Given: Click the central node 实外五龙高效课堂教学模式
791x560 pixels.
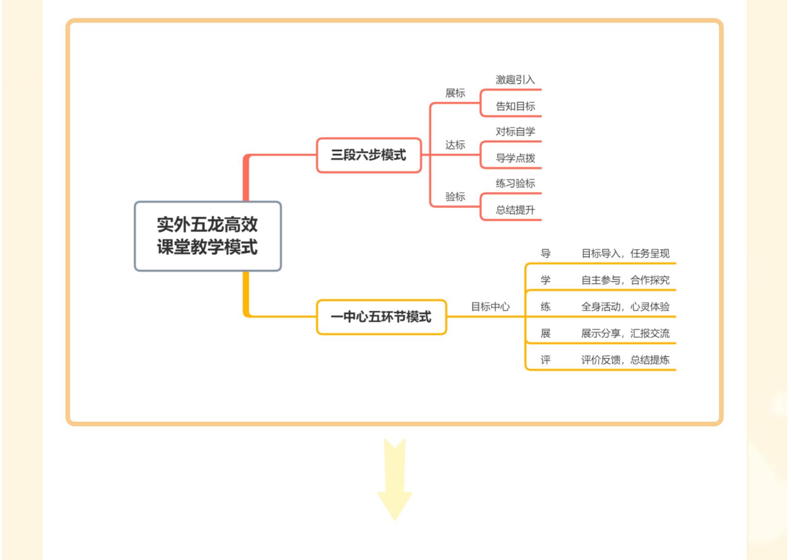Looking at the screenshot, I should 207,236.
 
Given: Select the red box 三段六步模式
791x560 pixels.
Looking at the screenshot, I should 369,155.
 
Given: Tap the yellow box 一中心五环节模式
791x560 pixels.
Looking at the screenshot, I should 381,317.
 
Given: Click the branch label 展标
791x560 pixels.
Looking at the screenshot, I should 455,93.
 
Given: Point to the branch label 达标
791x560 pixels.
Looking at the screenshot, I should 455,145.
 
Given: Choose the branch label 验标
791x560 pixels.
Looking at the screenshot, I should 455,197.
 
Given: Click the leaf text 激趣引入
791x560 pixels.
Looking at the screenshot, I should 515,80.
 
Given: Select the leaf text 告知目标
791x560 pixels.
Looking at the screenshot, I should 515,106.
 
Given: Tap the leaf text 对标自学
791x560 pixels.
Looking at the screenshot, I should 515,132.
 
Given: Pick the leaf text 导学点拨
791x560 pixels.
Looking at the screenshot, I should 515,158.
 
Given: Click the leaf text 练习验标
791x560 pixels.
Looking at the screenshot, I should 515,183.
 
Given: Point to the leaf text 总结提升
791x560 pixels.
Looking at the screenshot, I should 515,210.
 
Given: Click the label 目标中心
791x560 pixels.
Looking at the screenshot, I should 490,307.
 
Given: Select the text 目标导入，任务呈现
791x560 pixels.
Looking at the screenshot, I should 625,253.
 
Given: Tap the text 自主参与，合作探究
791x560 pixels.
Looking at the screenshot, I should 625,280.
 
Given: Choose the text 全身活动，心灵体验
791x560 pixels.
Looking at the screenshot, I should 625,307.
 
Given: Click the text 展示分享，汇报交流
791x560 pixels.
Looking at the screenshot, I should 625,333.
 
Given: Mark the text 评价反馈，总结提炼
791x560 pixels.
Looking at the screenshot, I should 625,360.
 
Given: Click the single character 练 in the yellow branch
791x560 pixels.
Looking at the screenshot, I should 545,307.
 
